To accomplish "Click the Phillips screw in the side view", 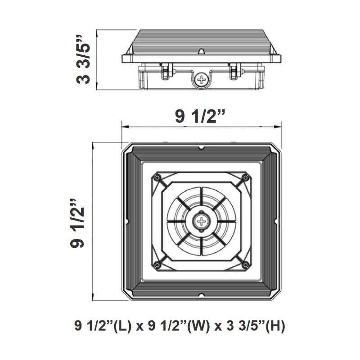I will (201, 80).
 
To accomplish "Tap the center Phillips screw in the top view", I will (201, 221).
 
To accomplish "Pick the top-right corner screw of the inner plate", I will (245, 178).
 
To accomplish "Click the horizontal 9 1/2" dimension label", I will (200, 117).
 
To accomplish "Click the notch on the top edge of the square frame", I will (201, 147).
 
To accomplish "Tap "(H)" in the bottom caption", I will (275, 325).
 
